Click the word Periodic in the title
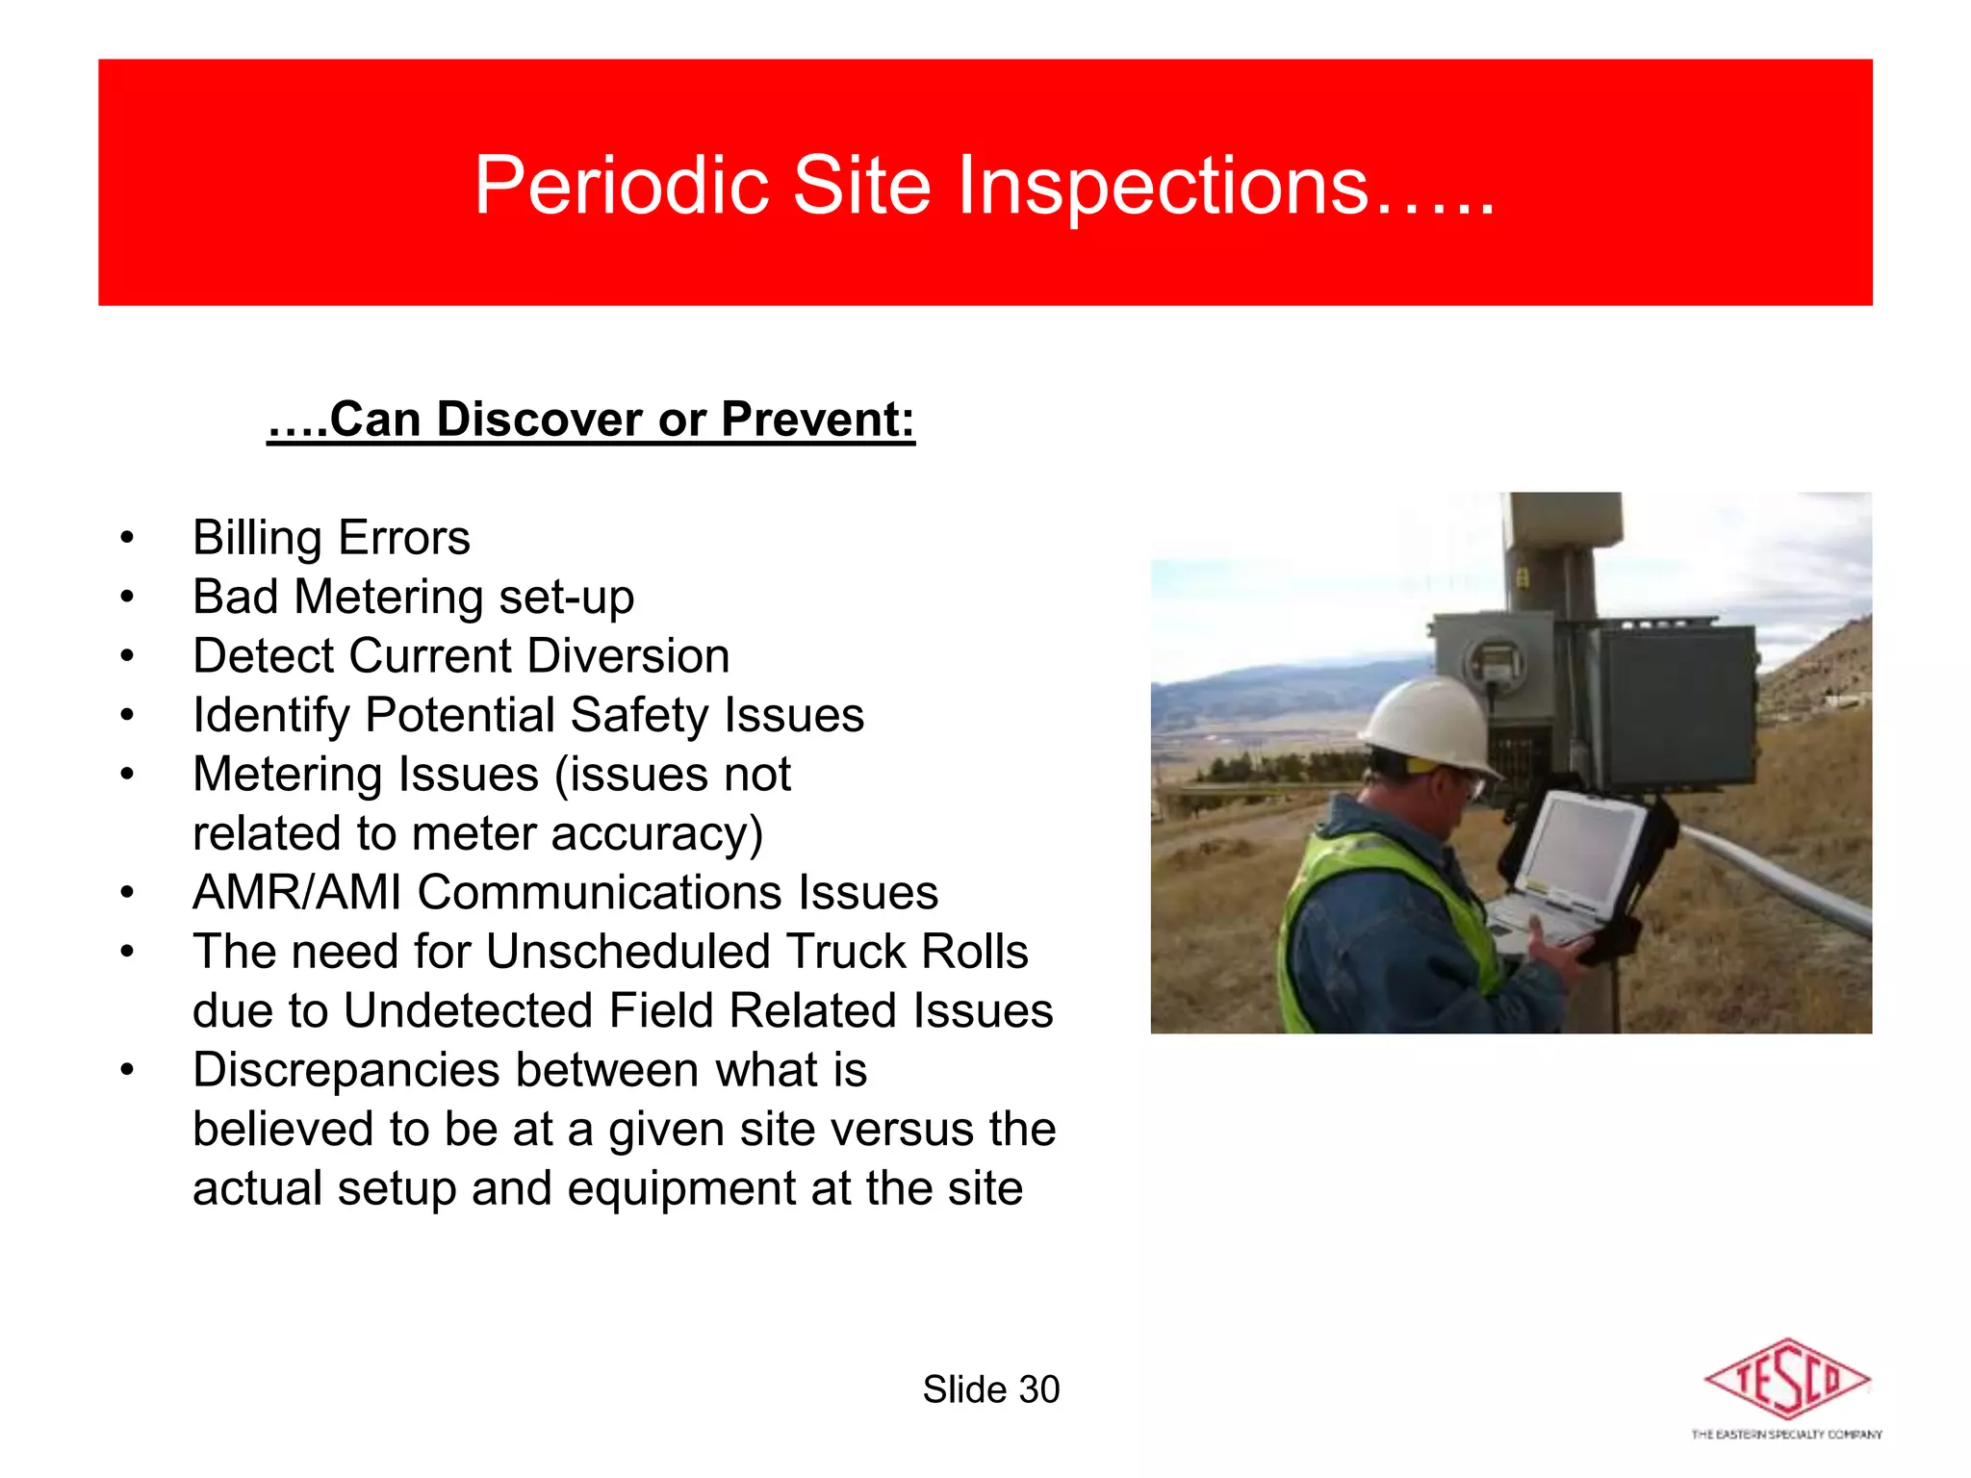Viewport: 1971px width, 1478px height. [x=621, y=185]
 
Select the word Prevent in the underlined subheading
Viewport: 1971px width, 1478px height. [x=816, y=420]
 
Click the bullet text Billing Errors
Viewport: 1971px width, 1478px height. [x=331, y=537]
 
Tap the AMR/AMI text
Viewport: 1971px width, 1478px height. [x=296, y=892]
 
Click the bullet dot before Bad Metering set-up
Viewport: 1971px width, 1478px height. [x=127, y=598]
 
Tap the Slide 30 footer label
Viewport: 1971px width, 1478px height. [x=990, y=1389]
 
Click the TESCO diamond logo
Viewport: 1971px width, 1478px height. [x=1786, y=1379]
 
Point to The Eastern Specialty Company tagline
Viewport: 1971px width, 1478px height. [x=1786, y=1435]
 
